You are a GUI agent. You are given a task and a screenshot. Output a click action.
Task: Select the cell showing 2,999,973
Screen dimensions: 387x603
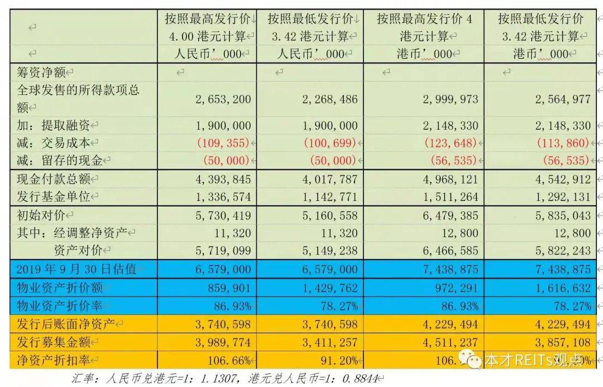pyautogui.click(x=450, y=99)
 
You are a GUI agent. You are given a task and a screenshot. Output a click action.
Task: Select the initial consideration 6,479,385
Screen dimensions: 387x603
pyautogui.click(x=450, y=215)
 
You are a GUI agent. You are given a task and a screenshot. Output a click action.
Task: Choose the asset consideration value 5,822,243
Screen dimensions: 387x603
pyautogui.click(x=562, y=251)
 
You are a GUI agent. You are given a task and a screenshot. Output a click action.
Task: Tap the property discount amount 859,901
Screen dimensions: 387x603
pyautogui.click(x=228, y=288)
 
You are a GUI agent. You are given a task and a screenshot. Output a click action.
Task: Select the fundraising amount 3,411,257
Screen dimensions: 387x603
pyautogui.click(x=329, y=342)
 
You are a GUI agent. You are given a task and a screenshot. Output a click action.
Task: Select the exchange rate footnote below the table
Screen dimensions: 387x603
pyautogui.click(x=229, y=378)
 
